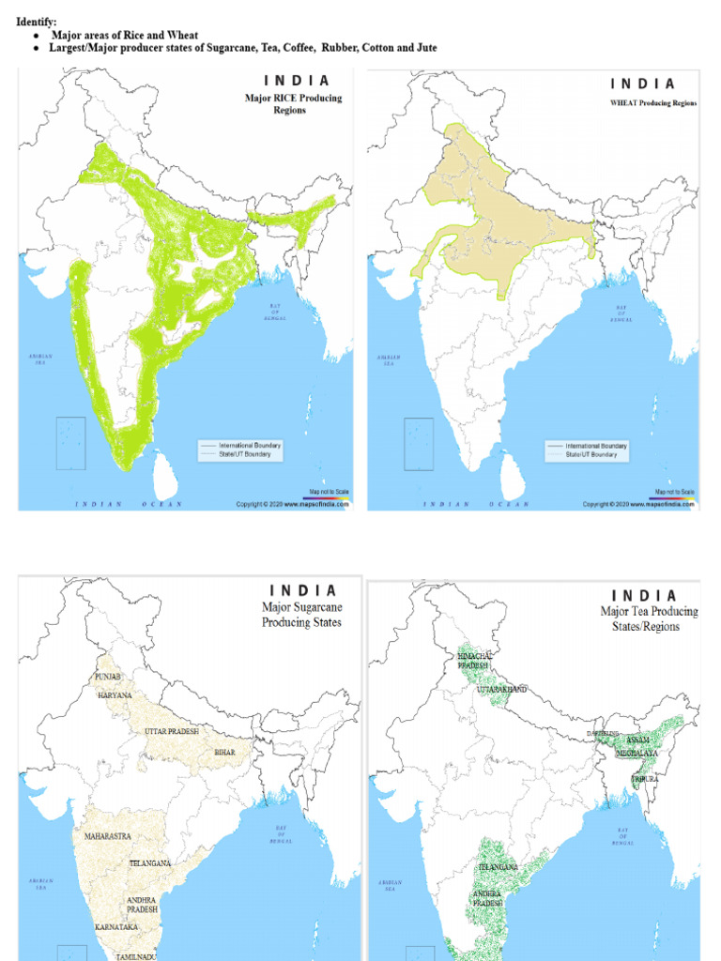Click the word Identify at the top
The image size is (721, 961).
pos(36,22)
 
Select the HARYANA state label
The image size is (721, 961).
pos(115,695)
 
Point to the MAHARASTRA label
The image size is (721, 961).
pos(107,835)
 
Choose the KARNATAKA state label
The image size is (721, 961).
pos(116,927)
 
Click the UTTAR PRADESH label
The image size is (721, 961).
pos(176,730)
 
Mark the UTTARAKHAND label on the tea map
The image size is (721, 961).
pos(502,689)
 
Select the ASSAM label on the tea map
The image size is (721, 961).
pos(637,740)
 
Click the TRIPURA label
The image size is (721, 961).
pos(644,779)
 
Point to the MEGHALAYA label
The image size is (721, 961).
pos(637,753)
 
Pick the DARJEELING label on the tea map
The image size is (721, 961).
pos(604,733)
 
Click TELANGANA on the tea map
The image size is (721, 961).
pos(499,866)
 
